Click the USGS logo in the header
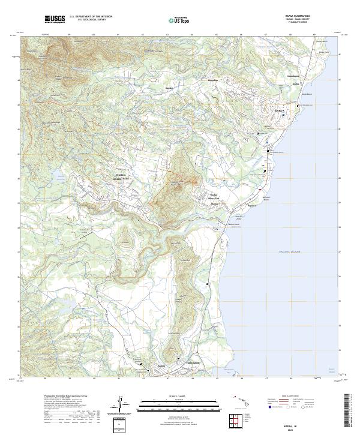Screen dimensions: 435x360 point(55,19)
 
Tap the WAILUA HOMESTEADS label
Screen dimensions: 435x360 point(122,177)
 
